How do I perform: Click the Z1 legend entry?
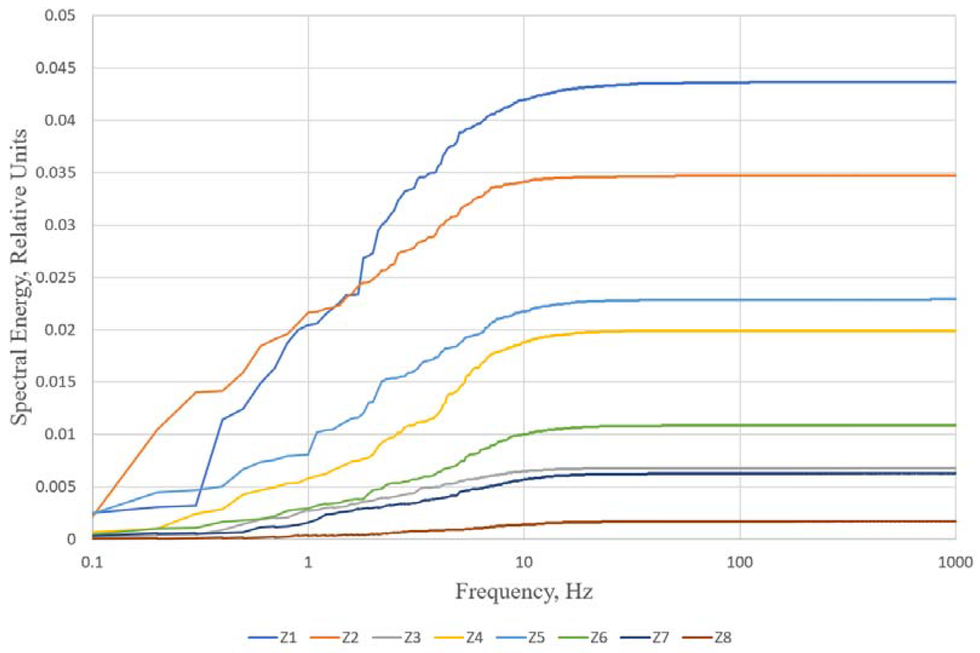273,638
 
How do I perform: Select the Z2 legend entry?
335,638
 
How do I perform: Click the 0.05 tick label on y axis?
60,16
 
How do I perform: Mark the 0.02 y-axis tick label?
60,330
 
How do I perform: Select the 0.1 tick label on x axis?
92,562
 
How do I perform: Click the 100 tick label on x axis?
740,562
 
